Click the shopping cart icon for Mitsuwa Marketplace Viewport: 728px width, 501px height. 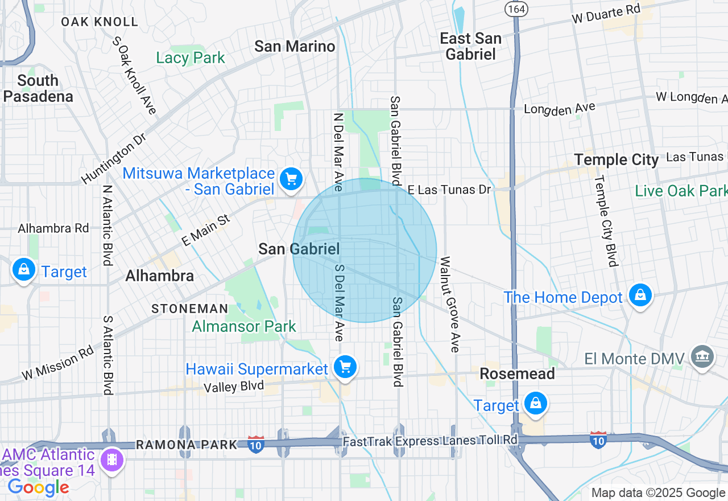(291, 179)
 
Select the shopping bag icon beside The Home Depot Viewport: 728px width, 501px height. (640, 295)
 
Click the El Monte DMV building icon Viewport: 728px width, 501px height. (702, 356)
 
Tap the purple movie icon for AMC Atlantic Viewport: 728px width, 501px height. (111, 459)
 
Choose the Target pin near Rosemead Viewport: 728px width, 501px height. (535, 404)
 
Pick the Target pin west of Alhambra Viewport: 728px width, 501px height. (24, 269)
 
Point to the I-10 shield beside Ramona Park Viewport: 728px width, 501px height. (256, 445)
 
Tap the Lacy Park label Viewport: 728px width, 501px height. (191, 58)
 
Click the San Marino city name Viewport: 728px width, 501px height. (295, 46)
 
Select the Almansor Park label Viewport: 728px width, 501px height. (244, 326)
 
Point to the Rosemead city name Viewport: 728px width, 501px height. (517, 373)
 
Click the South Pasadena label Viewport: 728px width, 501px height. (38, 88)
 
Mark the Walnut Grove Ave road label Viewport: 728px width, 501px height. (449, 305)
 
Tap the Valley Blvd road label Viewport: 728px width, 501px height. (234, 386)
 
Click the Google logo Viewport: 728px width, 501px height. (38, 487)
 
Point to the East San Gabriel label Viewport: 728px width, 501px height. (471, 46)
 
